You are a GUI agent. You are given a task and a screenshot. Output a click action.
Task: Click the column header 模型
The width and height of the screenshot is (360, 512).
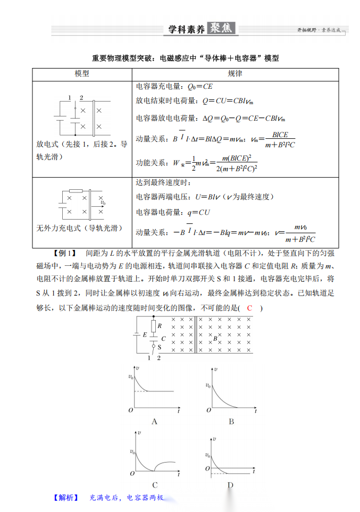82,73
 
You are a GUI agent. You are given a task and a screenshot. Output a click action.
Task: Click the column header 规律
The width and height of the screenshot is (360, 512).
235,73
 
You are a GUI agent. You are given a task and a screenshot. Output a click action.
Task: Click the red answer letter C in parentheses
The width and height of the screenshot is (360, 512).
249,308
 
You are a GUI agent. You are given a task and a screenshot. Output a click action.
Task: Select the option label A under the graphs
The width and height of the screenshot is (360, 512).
154,422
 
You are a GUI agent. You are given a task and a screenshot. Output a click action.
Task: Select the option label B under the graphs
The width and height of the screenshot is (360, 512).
231,422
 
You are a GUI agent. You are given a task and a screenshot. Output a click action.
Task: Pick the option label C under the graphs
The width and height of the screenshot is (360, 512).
154,484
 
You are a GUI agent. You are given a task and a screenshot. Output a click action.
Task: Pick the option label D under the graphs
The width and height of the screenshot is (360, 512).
230,484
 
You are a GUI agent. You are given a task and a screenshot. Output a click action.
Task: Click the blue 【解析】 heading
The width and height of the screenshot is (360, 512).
65,498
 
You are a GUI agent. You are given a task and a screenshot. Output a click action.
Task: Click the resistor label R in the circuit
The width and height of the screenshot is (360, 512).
160,325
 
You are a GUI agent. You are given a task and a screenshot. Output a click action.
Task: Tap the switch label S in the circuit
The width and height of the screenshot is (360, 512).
160,346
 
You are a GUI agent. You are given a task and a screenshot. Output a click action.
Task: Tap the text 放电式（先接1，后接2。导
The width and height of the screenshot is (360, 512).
82,144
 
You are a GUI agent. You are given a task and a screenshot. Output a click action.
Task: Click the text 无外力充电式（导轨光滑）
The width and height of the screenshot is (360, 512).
79,228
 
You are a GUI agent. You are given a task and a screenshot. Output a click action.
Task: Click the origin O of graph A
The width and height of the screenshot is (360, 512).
130,410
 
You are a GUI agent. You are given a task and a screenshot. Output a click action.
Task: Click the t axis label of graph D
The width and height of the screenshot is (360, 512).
255,472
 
